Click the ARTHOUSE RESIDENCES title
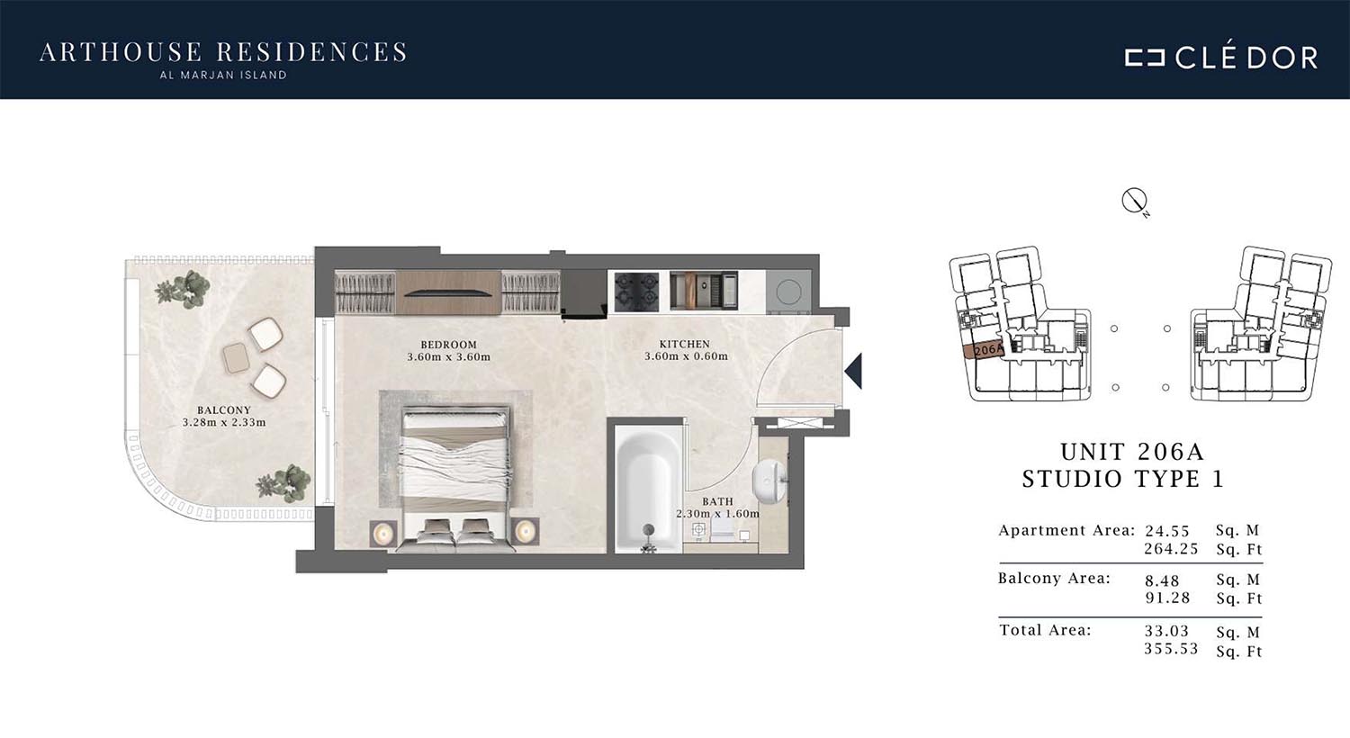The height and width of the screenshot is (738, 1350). click(x=223, y=52)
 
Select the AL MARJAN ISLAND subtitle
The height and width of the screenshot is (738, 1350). click(x=223, y=76)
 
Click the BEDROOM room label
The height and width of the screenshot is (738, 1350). click(x=448, y=345)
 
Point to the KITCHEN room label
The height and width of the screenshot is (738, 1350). click(x=685, y=344)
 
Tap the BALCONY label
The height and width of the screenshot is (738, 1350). click(x=223, y=410)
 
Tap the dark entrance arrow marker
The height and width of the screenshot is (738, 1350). click(x=854, y=371)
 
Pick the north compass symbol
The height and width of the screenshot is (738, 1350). click(x=1135, y=202)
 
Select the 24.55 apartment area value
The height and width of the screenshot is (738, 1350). click(x=1167, y=531)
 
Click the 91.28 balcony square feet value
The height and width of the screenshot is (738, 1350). click(x=1167, y=598)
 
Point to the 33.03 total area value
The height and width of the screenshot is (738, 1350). click(x=1166, y=631)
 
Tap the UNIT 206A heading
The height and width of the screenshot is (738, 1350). click(x=1131, y=452)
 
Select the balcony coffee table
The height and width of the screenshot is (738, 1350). click(x=236, y=358)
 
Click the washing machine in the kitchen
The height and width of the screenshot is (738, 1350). click(x=787, y=292)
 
